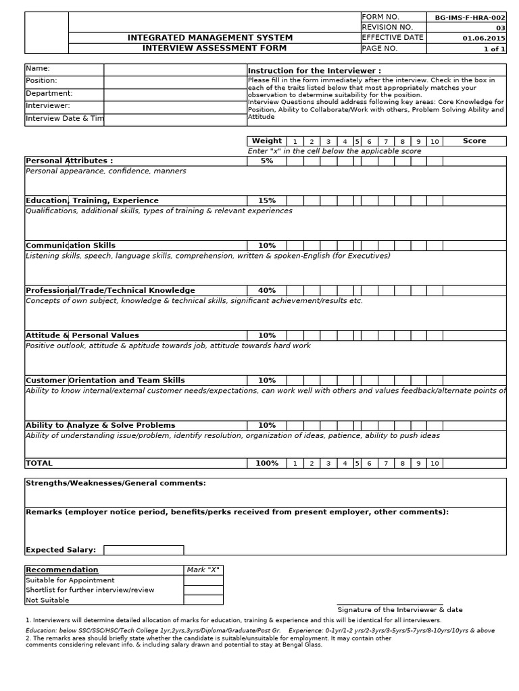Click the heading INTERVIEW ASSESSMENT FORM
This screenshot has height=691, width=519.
214,48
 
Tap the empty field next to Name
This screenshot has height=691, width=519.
175,70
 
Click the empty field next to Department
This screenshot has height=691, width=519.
175,94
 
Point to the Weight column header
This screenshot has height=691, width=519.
266,141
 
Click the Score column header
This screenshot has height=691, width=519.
474,141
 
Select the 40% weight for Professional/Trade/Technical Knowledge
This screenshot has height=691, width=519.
266,290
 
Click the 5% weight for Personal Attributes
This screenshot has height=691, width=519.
266,161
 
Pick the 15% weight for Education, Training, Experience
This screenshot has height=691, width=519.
266,200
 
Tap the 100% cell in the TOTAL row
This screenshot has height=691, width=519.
266,464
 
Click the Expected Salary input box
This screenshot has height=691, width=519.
143,550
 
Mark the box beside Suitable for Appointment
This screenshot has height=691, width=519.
203,580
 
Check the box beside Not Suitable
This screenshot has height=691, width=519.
203,600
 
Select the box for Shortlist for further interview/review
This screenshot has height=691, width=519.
203,590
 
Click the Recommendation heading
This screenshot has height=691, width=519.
62,570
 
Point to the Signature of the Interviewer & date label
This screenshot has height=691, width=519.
400,609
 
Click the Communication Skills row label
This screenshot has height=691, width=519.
70,246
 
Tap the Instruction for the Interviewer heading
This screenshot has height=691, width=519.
314,71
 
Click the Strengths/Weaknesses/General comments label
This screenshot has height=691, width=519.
116,483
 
